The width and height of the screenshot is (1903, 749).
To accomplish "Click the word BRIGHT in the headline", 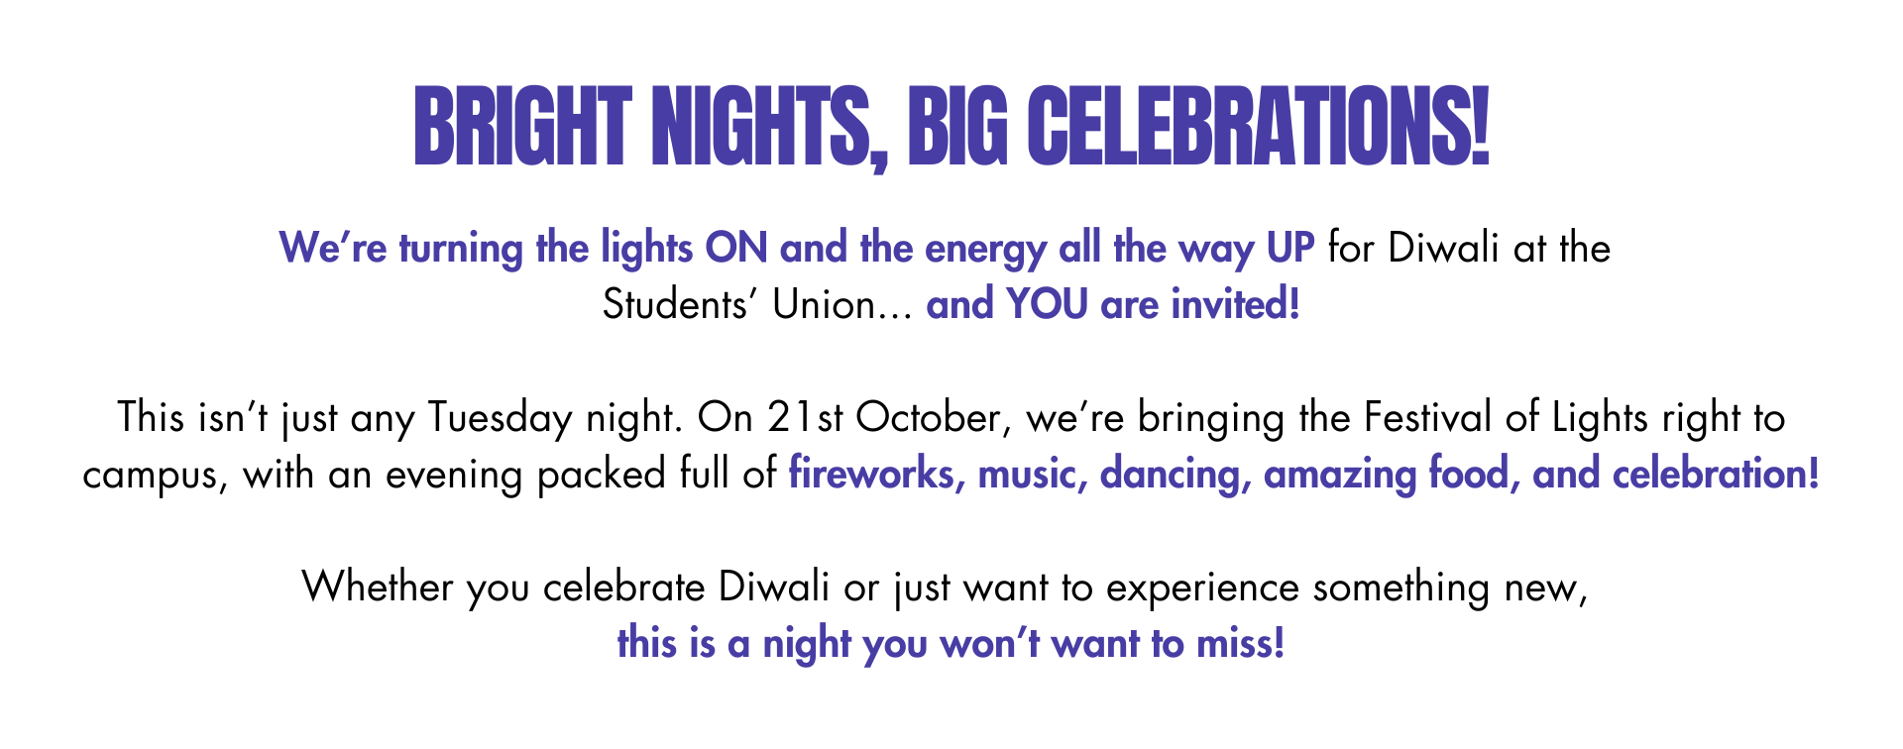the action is (x=522, y=127).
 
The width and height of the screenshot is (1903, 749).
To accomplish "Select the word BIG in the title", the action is (x=957, y=127).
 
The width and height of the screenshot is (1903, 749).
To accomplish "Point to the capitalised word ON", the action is (x=736, y=248).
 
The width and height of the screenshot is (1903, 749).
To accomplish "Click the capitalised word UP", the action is (x=1290, y=248).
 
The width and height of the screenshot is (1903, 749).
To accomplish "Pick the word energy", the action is (x=985, y=250).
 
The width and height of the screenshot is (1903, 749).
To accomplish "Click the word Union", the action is (x=823, y=304).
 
